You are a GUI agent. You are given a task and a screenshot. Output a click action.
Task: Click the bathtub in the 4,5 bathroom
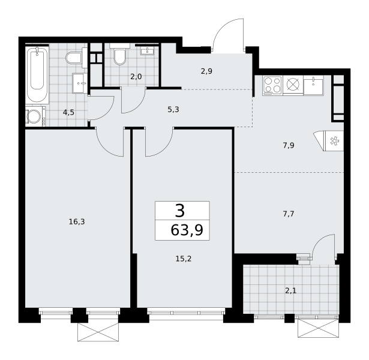[x=37, y=74]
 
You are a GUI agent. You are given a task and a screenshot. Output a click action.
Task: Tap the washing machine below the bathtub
[x=35, y=116]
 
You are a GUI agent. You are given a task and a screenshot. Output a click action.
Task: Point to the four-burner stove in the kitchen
[x=273, y=85]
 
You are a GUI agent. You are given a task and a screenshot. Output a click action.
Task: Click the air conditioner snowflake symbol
[x=334, y=141]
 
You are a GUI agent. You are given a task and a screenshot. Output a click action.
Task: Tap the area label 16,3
[x=77, y=221]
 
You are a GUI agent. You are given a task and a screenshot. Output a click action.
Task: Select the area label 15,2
[x=184, y=259]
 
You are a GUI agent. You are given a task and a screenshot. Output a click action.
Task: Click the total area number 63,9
[x=187, y=230]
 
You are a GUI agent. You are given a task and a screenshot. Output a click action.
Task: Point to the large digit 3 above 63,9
[x=180, y=211]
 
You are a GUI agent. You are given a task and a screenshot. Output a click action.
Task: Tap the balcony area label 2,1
[x=290, y=291]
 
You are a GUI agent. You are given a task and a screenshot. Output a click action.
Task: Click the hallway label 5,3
[x=173, y=110]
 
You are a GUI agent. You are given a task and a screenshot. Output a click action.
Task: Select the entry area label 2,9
[x=206, y=71]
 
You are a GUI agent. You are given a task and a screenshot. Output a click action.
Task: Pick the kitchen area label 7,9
[x=289, y=146]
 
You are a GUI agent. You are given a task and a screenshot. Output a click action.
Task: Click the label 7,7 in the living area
[x=289, y=214]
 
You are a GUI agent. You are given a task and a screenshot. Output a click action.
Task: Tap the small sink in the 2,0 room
[x=148, y=50]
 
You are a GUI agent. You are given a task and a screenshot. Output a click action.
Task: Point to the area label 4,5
[x=68, y=112]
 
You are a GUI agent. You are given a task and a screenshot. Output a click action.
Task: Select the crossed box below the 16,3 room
[x=98, y=332]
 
